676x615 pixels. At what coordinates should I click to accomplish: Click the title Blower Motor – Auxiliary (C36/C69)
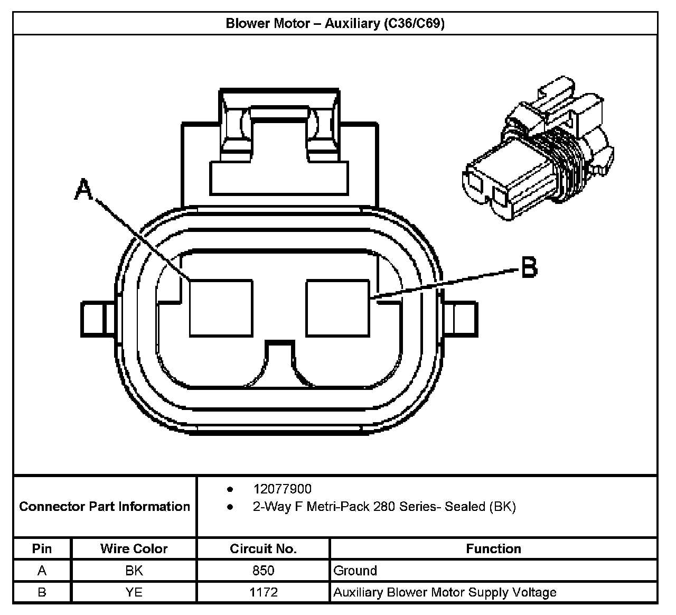tap(335, 24)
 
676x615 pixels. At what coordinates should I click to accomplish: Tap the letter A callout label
tap(83, 190)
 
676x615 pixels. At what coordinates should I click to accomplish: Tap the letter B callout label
tap(529, 267)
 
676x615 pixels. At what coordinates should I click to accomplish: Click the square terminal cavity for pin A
tap(221, 307)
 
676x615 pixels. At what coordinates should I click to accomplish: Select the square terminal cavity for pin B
tap(337, 307)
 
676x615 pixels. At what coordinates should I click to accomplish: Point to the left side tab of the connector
tap(97, 319)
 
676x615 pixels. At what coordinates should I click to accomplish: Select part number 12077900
tap(282, 489)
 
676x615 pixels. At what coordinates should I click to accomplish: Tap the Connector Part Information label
tap(105, 507)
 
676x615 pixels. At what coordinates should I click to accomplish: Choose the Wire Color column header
tap(134, 549)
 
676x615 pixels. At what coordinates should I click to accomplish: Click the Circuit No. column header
tap(263, 549)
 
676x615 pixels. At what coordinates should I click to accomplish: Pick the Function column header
tap(493, 549)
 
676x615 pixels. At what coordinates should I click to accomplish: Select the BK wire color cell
tap(134, 571)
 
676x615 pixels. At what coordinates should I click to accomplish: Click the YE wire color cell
tap(134, 592)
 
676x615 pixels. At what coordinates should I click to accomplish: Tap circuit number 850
tap(263, 571)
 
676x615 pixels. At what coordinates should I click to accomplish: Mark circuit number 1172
tap(263, 592)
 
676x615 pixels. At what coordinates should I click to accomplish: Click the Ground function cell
tap(355, 571)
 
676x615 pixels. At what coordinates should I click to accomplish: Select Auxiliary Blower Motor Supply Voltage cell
tap(445, 592)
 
